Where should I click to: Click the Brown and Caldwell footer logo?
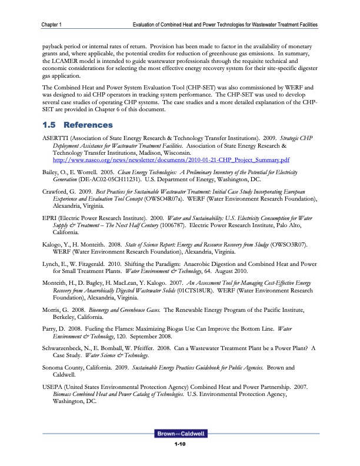pos(180,434)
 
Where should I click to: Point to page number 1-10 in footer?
pos(180,444)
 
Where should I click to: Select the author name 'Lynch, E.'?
pos(54,266)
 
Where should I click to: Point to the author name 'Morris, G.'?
pos(56,314)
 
